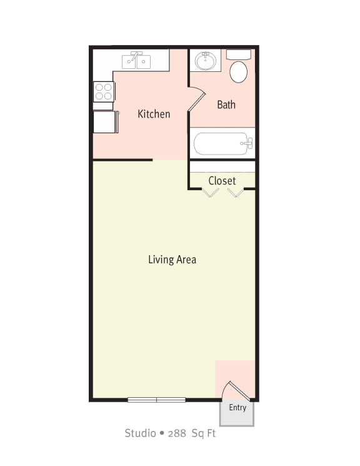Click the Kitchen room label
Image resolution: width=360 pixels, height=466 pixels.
[x=154, y=114]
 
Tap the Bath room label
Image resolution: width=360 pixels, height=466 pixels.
[x=226, y=104]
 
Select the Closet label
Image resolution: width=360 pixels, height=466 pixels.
[x=222, y=181]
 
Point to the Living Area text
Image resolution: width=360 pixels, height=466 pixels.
[x=172, y=259]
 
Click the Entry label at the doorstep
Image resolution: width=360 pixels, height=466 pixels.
[x=237, y=408]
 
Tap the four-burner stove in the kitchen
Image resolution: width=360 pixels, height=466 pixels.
[x=103, y=91]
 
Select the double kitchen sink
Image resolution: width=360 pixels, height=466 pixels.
[x=136, y=61]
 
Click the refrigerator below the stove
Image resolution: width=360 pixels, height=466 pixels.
[x=104, y=122]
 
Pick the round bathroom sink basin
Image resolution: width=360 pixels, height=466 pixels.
[x=205, y=61]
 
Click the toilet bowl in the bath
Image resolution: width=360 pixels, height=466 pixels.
[x=238, y=72]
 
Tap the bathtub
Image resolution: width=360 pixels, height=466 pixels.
[x=222, y=144]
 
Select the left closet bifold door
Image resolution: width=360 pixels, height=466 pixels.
[x=210, y=192]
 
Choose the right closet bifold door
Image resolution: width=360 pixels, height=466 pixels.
[x=236, y=192]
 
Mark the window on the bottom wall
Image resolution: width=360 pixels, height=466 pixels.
[x=156, y=399]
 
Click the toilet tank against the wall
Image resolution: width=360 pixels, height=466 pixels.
[x=238, y=55]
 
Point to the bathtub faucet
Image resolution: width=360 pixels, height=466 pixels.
[x=247, y=144]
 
